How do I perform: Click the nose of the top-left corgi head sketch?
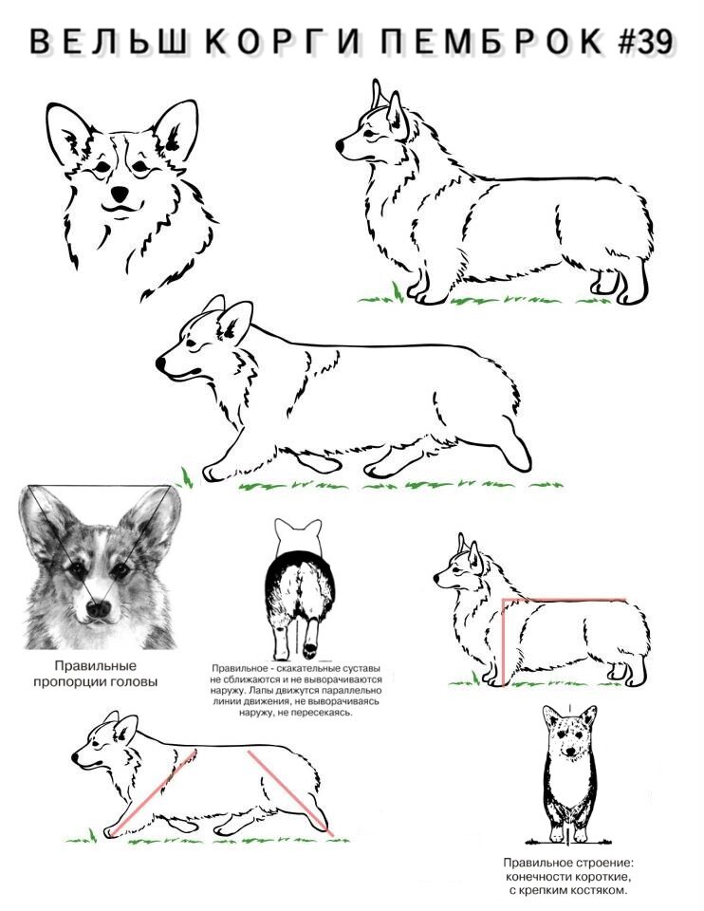pos(120,193)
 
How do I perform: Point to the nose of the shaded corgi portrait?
pos(97,608)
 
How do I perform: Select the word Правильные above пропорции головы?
pos(96,666)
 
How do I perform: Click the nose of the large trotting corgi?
pos(159,364)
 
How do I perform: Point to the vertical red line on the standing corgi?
pos(504,642)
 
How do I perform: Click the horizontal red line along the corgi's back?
pos(564,599)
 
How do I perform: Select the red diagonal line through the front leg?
pos(154,792)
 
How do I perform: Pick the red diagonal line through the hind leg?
pos(290,793)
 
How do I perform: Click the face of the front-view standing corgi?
pos(570,733)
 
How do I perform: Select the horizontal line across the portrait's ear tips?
pos(100,486)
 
